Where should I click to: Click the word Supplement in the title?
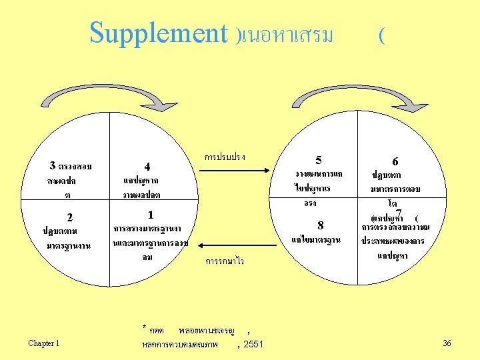(x=159, y=33)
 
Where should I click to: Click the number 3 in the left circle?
(x=53, y=165)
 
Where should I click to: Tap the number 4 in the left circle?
(x=147, y=166)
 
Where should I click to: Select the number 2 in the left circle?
(x=69, y=217)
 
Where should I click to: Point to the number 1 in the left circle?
(x=151, y=215)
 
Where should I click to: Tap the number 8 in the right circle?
(x=321, y=225)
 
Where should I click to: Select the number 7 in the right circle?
(x=398, y=213)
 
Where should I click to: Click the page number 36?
(x=447, y=343)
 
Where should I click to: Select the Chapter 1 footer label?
(x=44, y=343)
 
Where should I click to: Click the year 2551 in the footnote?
(x=253, y=344)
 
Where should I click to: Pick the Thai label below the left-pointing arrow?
(x=225, y=261)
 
